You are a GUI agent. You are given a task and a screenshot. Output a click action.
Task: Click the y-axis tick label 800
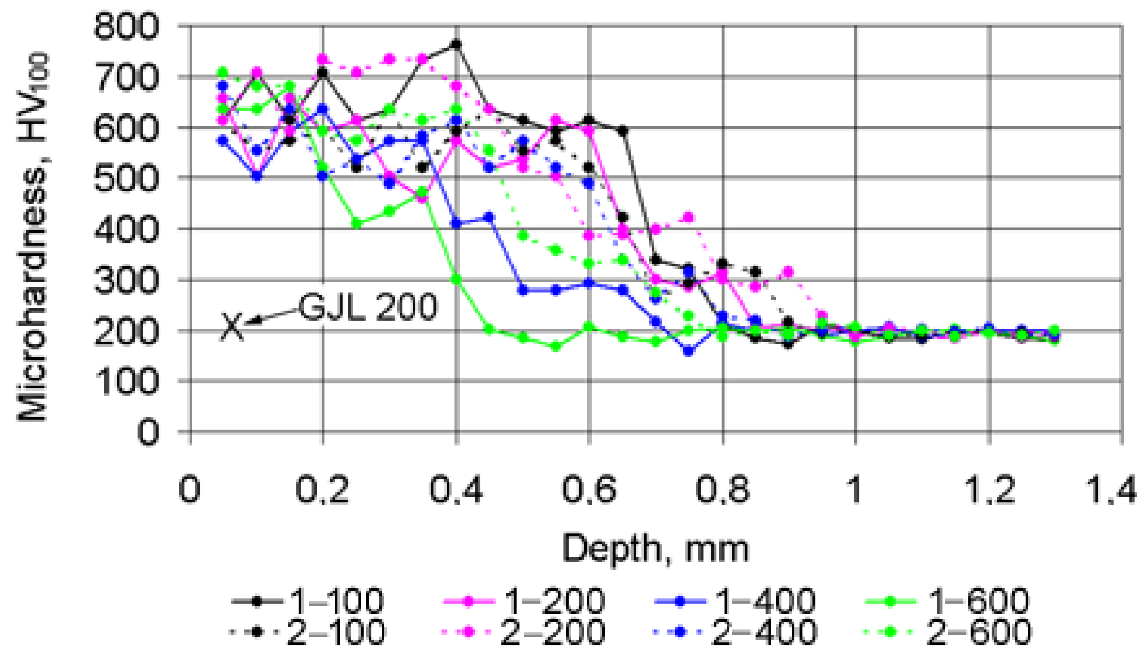point(126,26)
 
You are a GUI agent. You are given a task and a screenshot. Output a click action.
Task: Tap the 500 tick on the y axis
point(126,178)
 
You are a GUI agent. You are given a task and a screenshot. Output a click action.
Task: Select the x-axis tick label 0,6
point(589,490)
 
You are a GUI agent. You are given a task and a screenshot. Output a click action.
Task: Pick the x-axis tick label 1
point(855,490)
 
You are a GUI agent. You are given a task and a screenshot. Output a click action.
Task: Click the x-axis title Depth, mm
point(655,548)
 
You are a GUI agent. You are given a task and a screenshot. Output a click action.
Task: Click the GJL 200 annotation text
point(368,307)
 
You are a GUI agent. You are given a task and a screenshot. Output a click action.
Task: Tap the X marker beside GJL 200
point(231,327)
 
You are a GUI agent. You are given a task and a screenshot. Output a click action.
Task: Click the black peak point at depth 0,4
point(456,45)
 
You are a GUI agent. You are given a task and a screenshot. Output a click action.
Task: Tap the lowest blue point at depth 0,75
point(688,351)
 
